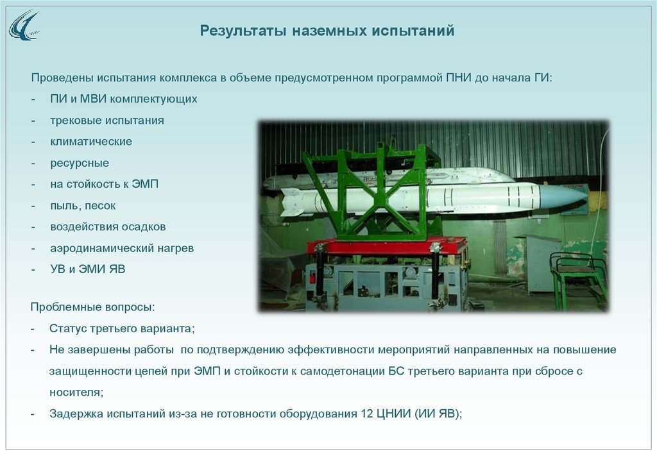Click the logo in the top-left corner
click(24, 26)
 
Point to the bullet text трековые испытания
click(107, 121)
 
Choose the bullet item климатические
click(91, 142)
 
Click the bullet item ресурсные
click(80, 163)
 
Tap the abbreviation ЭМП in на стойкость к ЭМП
click(145, 184)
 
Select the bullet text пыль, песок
click(83, 206)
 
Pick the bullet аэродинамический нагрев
click(122, 248)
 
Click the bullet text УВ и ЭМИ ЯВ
click(87, 269)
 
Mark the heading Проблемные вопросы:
click(92, 307)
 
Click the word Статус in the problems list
click(69, 328)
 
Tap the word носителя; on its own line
click(76, 392)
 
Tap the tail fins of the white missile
click(293, 201)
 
